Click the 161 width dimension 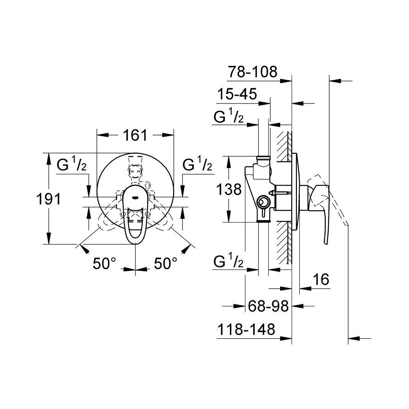[135, 135]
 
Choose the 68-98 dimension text [269, 306]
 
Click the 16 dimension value [321, 280]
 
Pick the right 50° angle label [165, 264]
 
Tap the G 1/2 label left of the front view [71, 166]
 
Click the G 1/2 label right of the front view [197, 166]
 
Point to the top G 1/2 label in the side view [229, 118]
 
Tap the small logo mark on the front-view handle [135, 197]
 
